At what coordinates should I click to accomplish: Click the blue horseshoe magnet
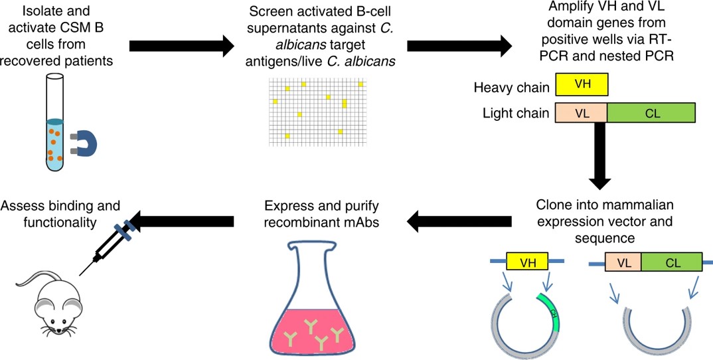click(x=86, y=142)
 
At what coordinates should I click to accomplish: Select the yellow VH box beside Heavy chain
click(x=582, y=86)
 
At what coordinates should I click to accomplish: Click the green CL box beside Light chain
click(x=651, y=112)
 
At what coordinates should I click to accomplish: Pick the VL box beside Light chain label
click(x=581, y=112)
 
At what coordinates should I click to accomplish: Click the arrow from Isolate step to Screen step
click(x=181, y=46)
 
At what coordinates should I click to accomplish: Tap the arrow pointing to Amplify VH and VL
click(x=459, y=46)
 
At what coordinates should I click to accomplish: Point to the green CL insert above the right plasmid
click(x=671, y=262)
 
